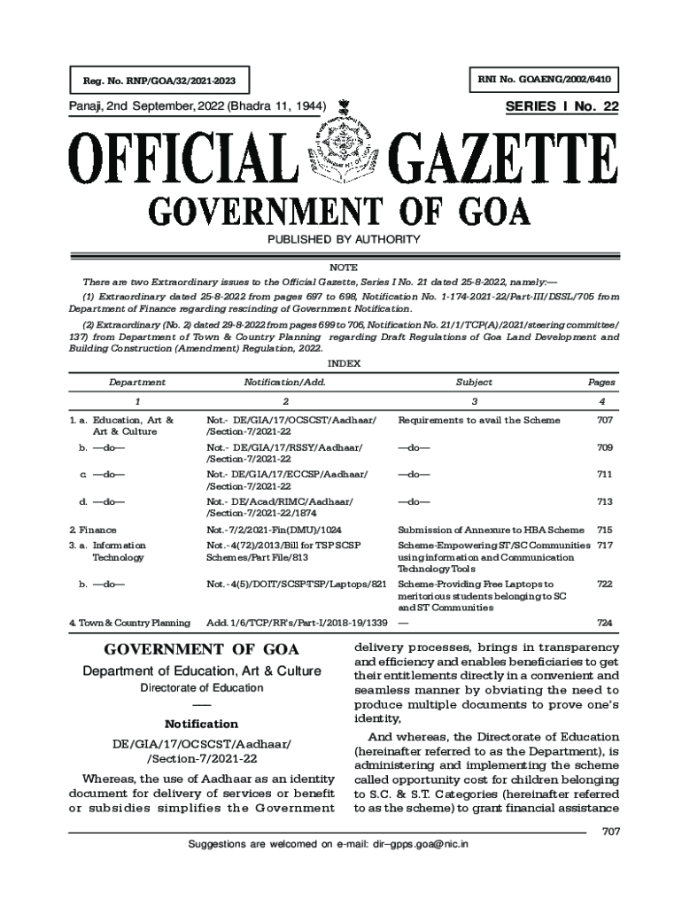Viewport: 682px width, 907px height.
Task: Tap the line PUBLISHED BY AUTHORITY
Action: pyautogui.click(x=342, y=240)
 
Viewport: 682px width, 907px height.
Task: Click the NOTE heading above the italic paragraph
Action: pyautogui.click(x=342, y=266)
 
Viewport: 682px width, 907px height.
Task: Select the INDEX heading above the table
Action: pyautogui.click(x=342, y=363)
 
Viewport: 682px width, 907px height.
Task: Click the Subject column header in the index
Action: pyautogui.click(x=474, y=383)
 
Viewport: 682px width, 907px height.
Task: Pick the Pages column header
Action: pyautogui.click(x=601, y=383)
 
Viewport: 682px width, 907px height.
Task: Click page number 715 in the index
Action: pyautogui.click(x=605, y=530)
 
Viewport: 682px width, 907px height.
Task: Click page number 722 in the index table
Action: pyautogui.click(x=605, y=585)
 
